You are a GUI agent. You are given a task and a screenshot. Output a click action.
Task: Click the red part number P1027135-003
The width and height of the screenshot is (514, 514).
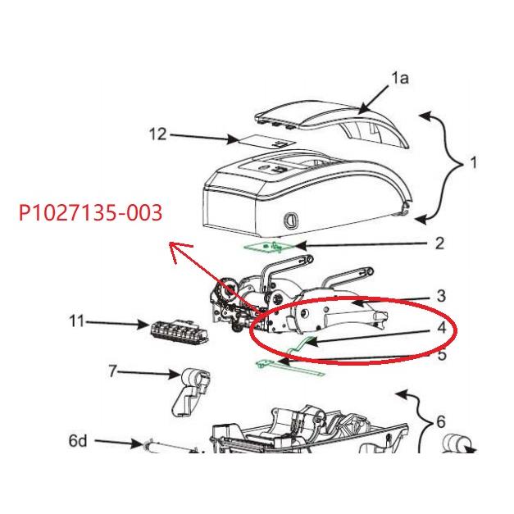(90, 214)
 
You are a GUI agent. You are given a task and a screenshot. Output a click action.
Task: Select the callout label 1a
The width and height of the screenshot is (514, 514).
(399, 79)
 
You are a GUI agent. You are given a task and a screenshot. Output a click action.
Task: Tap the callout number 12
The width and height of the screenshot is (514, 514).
(157, 134)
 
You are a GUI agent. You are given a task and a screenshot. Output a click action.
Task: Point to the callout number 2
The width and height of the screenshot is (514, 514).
(439, 243)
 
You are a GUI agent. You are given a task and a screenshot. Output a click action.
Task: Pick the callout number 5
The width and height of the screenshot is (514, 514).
(440, 356)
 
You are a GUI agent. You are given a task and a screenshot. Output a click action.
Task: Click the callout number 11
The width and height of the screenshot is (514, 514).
(76, 322)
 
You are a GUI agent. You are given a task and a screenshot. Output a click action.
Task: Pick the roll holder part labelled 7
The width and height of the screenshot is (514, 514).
(189, 389)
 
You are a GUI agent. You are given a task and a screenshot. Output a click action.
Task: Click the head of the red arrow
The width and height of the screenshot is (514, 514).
(169, 244)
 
